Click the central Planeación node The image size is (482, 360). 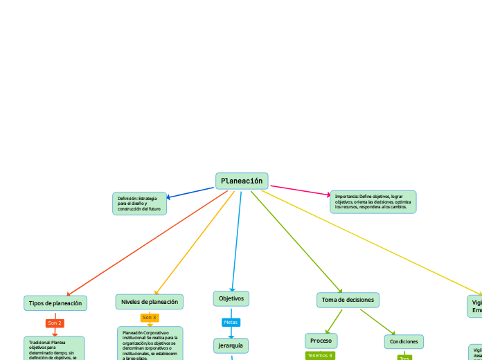242,181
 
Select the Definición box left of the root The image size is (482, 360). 139,204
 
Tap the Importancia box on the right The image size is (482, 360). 373,201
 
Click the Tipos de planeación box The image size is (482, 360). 55,303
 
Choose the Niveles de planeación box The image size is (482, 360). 150,302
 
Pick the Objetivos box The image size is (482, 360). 231,298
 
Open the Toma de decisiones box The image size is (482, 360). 348,300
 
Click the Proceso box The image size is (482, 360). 321,341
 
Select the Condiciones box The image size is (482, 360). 404,342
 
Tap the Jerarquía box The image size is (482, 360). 231,345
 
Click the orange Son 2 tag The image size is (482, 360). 55,323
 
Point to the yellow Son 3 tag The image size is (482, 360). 150,318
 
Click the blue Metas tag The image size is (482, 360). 231,322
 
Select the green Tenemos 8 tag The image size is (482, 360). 320,355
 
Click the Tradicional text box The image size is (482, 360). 54,349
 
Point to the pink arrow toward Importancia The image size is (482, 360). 299,191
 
